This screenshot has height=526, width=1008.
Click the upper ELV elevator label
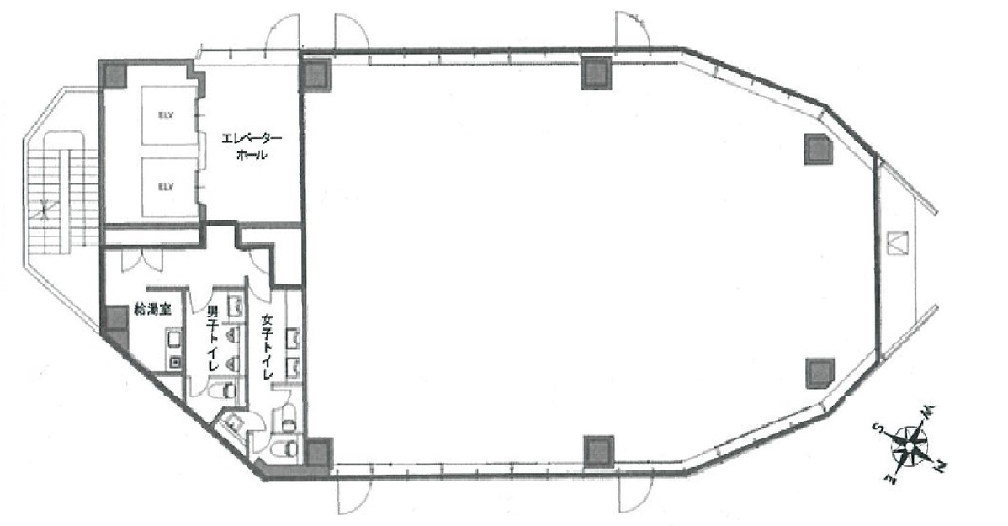[165, 115]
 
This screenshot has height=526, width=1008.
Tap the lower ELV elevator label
[165, 187]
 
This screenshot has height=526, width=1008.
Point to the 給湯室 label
[152, 310]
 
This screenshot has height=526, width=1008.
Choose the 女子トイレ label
[269, 347]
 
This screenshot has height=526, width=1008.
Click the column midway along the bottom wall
[598, 449]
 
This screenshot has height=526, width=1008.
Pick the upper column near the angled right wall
[818, 149]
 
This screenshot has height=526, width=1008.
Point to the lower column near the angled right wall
[820, 371]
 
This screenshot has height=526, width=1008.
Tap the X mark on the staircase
[39, 210]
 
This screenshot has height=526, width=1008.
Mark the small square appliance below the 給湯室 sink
[174, 362]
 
